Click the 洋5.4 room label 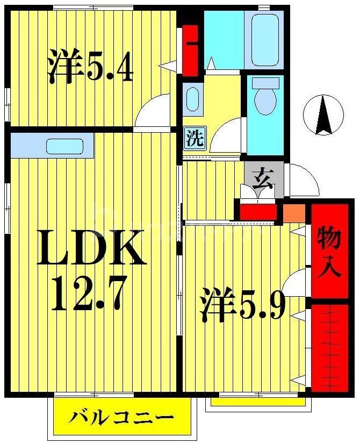pos(90,67)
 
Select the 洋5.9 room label pos(243,305)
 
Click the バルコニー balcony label pos(121,417)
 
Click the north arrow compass pos(322,114)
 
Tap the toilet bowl pos(265,97)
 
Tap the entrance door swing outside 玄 pos(303,180)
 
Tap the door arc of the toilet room pos(228,137)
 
